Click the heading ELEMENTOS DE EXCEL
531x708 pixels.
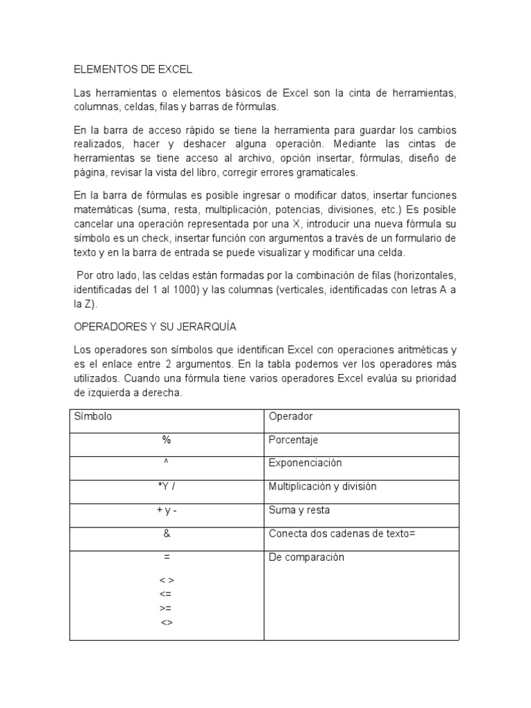(x=133, y=70)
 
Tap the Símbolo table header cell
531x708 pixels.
(x=93, y=417)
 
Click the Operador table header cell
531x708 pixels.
(x=290, y=417)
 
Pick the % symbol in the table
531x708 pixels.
(x=167, y=440)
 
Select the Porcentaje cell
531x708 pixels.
(x=293, y=440)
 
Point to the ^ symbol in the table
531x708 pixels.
(x=167, y=463)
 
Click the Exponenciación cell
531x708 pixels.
(x=305, y=463)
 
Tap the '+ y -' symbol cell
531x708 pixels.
(x=167, y=510)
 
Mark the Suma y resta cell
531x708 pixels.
(x=299, y=510)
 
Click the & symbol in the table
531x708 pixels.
(x=167, y=534)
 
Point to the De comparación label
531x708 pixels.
(x=306, y=557)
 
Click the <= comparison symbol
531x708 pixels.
(x=166, y=595)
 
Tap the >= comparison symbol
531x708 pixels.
(x=166, y=608)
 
